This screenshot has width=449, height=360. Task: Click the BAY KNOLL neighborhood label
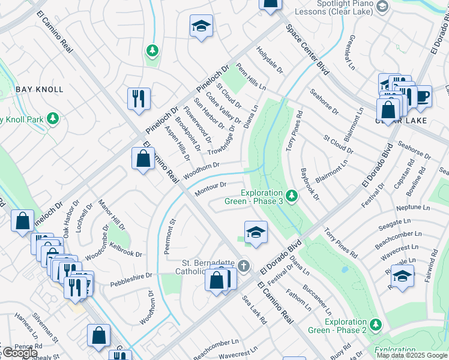[x=40, y=89]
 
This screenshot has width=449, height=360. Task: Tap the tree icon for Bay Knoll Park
[x=53, y=118]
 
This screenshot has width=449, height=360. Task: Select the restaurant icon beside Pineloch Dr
[x=139, y=98]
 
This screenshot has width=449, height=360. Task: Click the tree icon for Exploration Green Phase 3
[x=292, y=196]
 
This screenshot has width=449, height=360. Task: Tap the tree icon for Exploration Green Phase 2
[x=376, y=325]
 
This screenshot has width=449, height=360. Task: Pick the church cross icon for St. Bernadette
[x=243, y=265]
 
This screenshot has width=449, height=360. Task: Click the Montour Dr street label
[x=211, y=189]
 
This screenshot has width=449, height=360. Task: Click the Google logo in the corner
[x=19, y=353]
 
